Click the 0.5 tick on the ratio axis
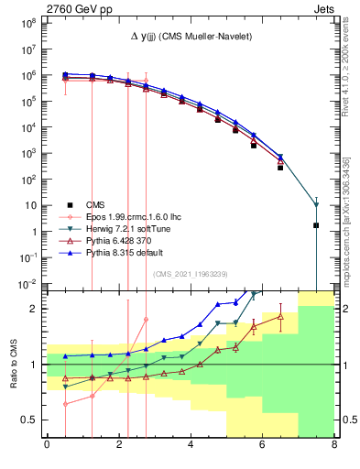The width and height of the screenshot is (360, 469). tap(31, 420)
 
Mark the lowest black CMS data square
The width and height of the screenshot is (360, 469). tap(316, 225)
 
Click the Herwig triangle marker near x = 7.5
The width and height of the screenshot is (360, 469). tap(316, 204)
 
